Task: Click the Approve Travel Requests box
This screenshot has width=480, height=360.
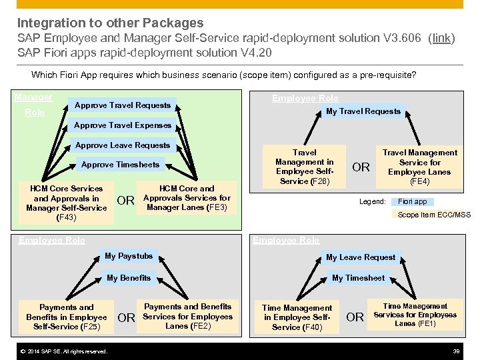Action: coord(123,105)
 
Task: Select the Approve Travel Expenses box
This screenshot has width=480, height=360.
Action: coord(123,125)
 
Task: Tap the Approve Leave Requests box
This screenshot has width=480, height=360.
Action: coord(123,145)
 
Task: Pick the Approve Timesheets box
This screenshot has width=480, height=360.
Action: coord(120,165)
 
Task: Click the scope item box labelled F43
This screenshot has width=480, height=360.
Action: coord(67,203)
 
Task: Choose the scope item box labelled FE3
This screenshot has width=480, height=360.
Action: coord(187,198)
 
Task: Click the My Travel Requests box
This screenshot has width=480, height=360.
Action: coord(363,111)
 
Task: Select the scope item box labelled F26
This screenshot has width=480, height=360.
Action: coord(305,167)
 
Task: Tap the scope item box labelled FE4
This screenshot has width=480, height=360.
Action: coord(419,167)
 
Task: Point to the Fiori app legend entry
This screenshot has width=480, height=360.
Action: coord(413,201)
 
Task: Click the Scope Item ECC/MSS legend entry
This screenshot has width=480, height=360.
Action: coord(433,215)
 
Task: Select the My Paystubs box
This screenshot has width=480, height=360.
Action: coord(129,256)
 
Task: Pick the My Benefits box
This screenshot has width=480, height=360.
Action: coord(129,278)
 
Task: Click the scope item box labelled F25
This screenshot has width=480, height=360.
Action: coord(67,317)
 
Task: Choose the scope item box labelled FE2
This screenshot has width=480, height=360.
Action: coord(187,317)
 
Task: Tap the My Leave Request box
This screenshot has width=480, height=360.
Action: coord(361,257)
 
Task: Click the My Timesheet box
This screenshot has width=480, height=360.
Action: coord(359,278)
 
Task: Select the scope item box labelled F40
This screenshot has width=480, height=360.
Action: coord(297,317)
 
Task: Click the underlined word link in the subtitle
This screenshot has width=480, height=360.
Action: coord(441,39)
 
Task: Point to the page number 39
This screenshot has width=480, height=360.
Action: coord(457,351)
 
